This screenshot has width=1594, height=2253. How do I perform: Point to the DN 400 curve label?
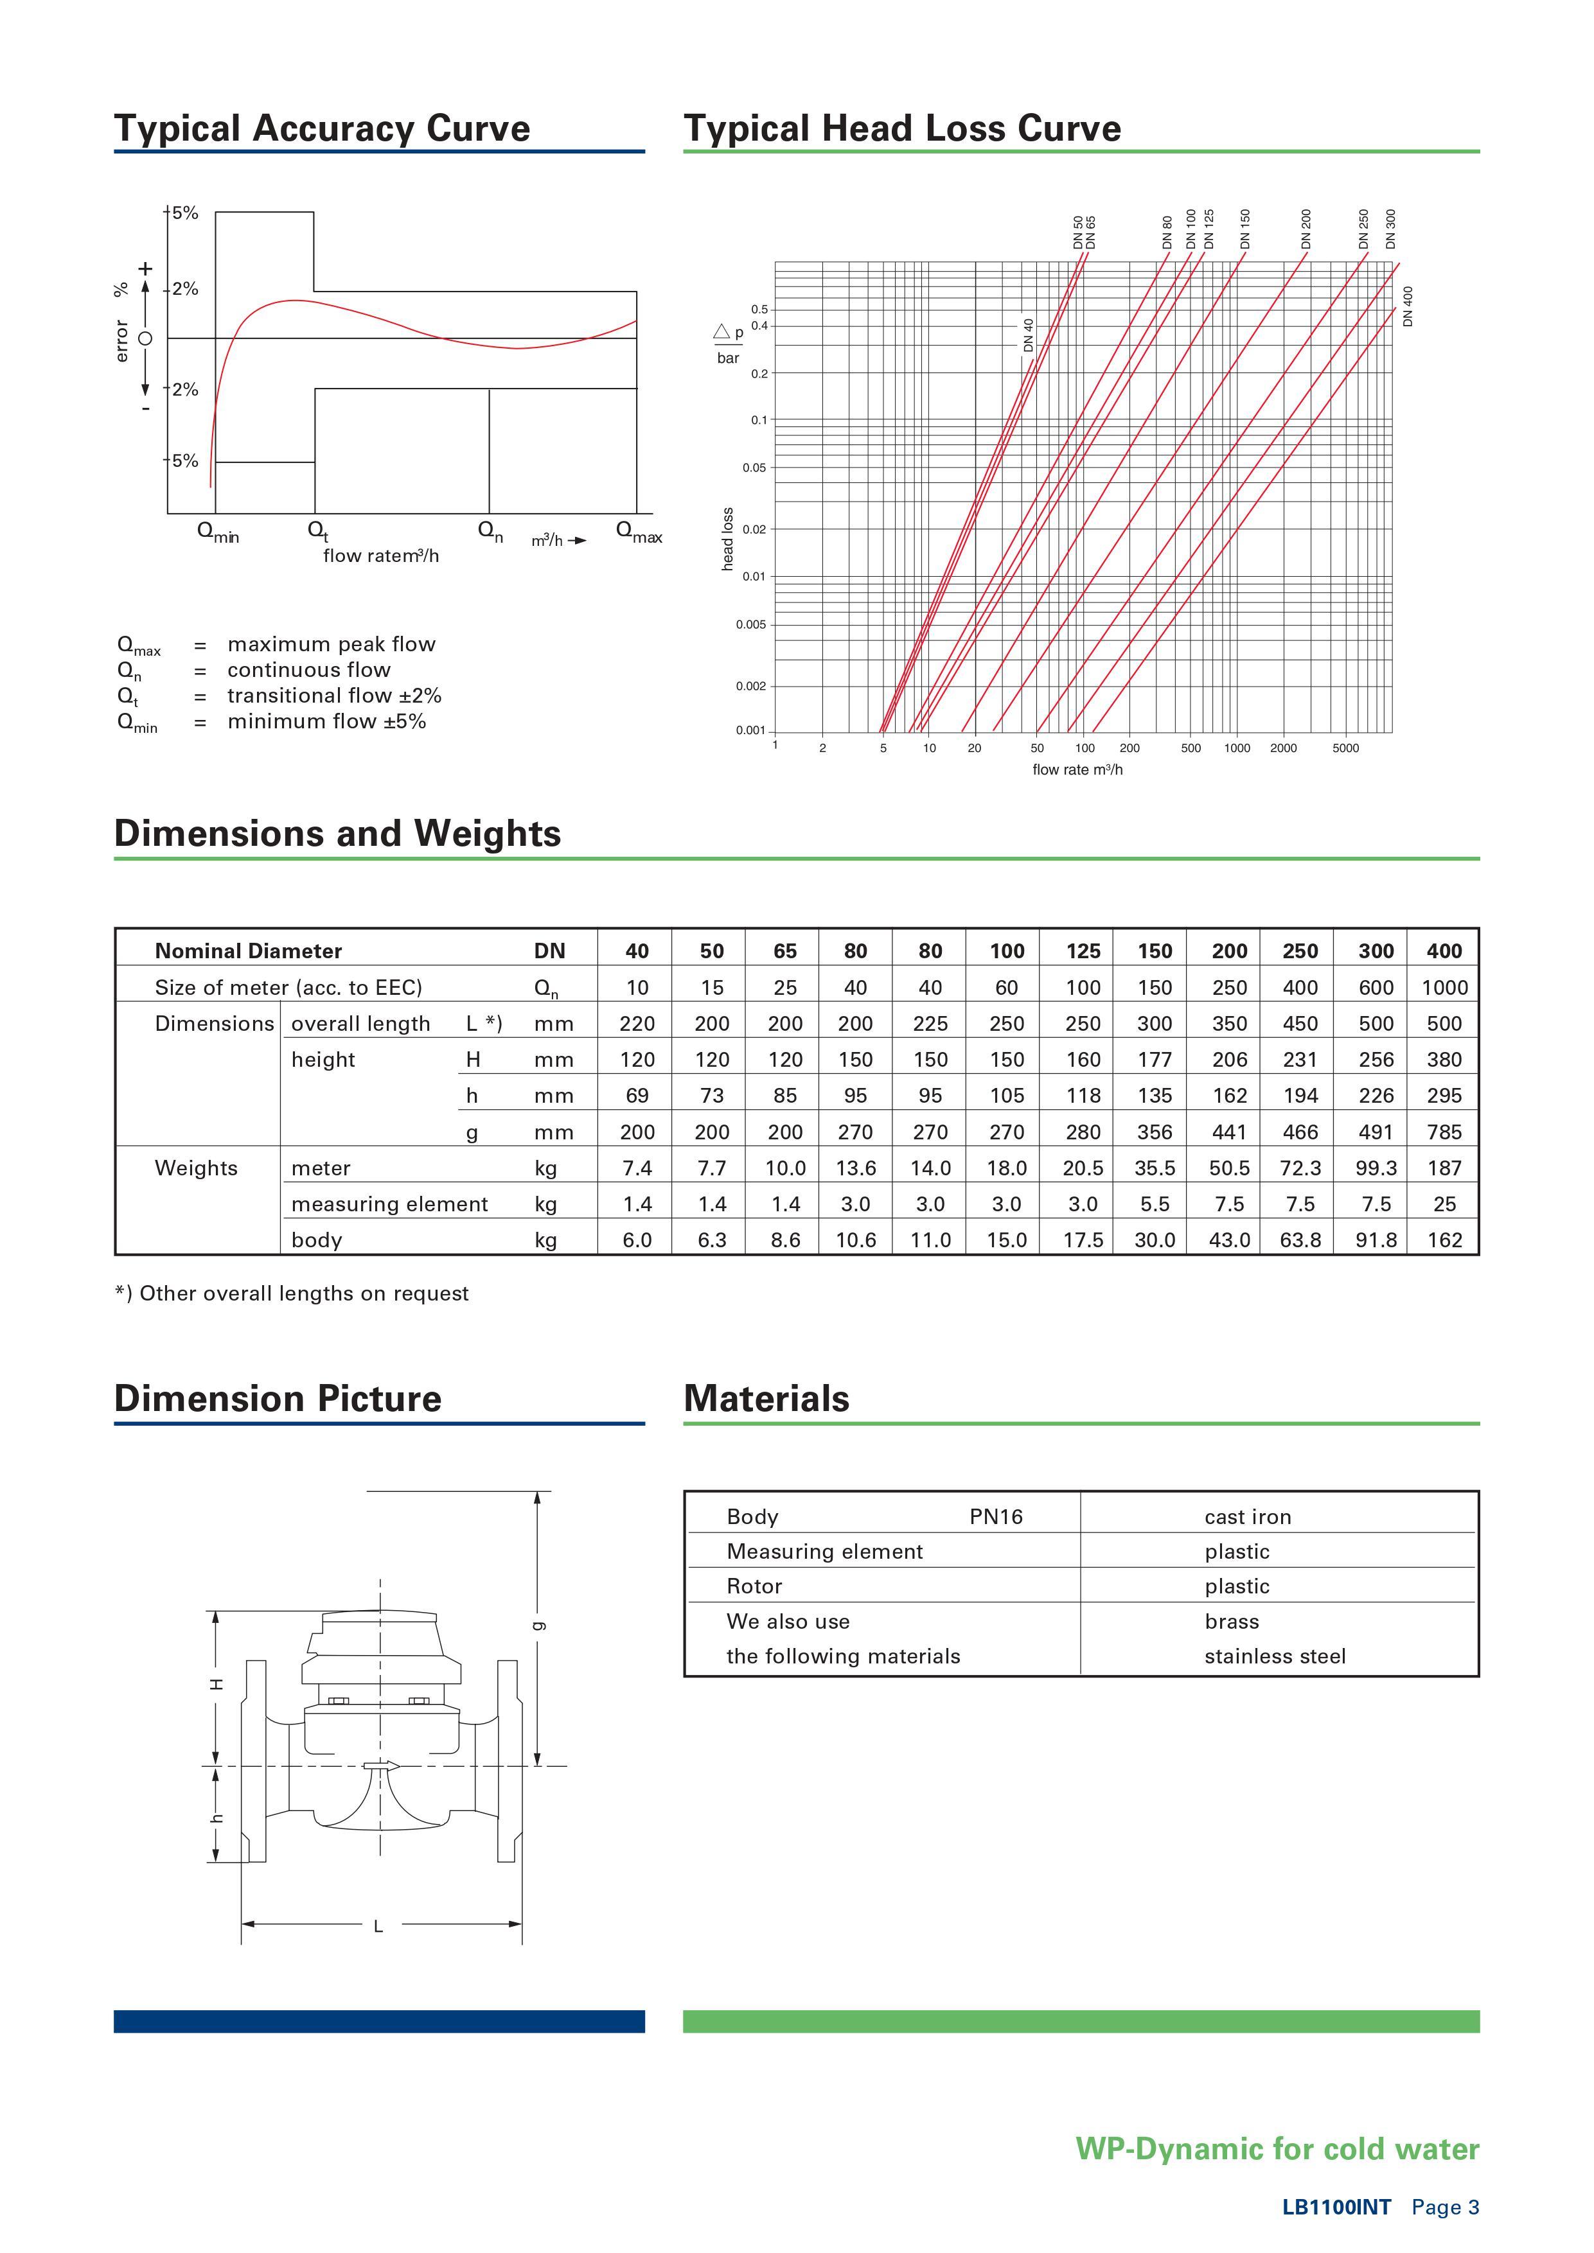pyautogui.click(x=1408, y=306)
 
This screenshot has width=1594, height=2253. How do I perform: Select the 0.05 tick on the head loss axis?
pyautogui.click(x=754, y=468)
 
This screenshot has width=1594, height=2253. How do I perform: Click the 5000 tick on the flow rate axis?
pyautogui.click(x=1345, y=748)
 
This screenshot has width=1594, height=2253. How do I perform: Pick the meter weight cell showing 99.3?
pyautogui.click(x=1375, y=1168)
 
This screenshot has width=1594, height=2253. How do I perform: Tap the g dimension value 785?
pyautogui.click(x=1444, y=1132)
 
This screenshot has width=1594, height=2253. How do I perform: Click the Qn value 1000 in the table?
pyautogui.click(x=1444, y=987)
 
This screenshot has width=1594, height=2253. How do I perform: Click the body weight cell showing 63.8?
pyautogui.click(x=1300, y=1240)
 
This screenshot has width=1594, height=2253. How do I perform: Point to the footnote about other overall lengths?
pyautogui.click(x=292, y=1293)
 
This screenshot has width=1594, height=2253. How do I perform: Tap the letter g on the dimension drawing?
pyautogui.click(x=537, y=1625)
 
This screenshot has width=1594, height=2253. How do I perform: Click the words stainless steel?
pyautogui.click(x=1274, y=1656)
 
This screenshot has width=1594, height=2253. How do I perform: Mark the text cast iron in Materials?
pyautogui.click(x=1248, y=1516)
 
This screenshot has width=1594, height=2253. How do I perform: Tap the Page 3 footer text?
pyautogui.click(x=1445, y=2207)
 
